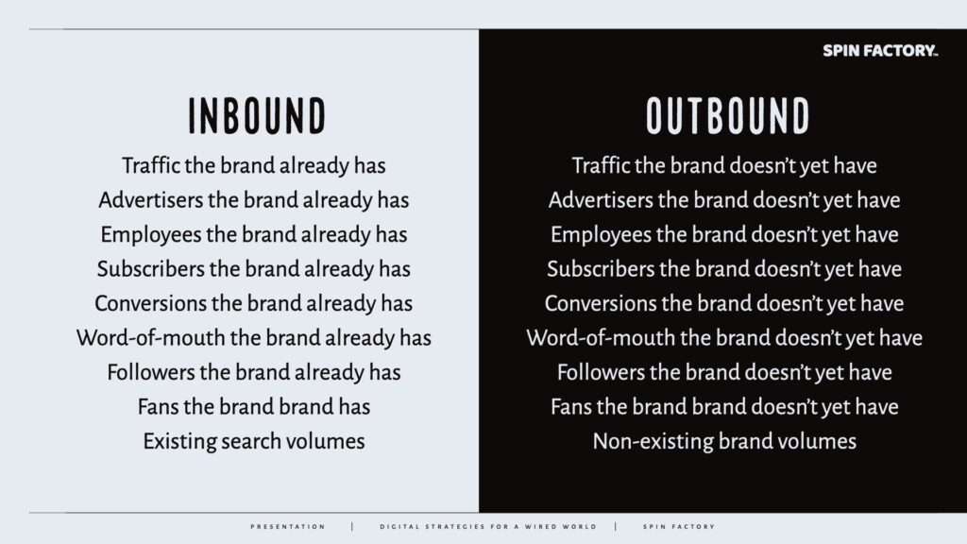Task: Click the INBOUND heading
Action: [257, 115]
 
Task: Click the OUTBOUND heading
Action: [728, 115]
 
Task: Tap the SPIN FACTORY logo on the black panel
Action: [880, 51]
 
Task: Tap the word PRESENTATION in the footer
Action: [288, 527]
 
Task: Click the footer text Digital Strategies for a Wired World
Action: [488, 527]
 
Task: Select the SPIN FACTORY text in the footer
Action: [679, 527]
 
